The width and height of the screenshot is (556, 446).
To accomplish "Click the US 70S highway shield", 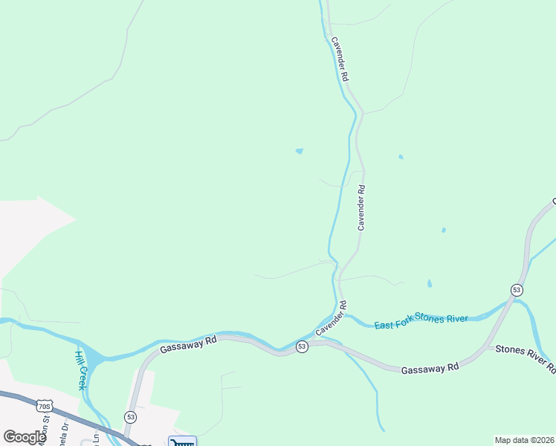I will (44, 406).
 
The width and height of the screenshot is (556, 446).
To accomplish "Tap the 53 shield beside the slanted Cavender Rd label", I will (302, 347).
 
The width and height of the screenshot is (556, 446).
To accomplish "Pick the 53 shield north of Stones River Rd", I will (516, 288).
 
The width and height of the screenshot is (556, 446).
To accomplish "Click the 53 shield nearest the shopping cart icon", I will (130, 417).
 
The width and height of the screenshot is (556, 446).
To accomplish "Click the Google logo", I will (25, 437).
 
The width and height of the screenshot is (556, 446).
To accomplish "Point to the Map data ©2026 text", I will (524, 440).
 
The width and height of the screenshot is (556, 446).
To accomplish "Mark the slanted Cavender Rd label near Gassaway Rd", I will (332, 319).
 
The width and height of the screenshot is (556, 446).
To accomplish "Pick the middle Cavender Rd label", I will (362, 208).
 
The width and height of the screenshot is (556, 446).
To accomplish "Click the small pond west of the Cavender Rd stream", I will (299, 152).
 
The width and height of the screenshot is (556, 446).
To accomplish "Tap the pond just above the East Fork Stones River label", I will (429, 284).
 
